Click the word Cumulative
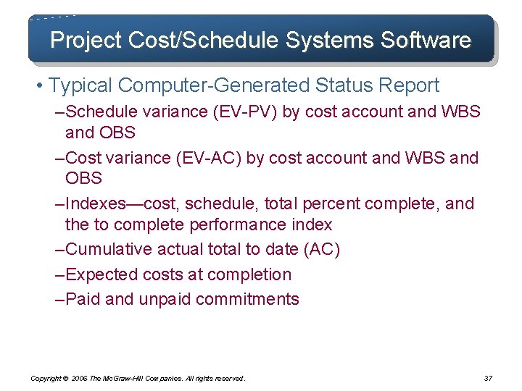108,250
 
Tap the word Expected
98,274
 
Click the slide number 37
487,378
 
